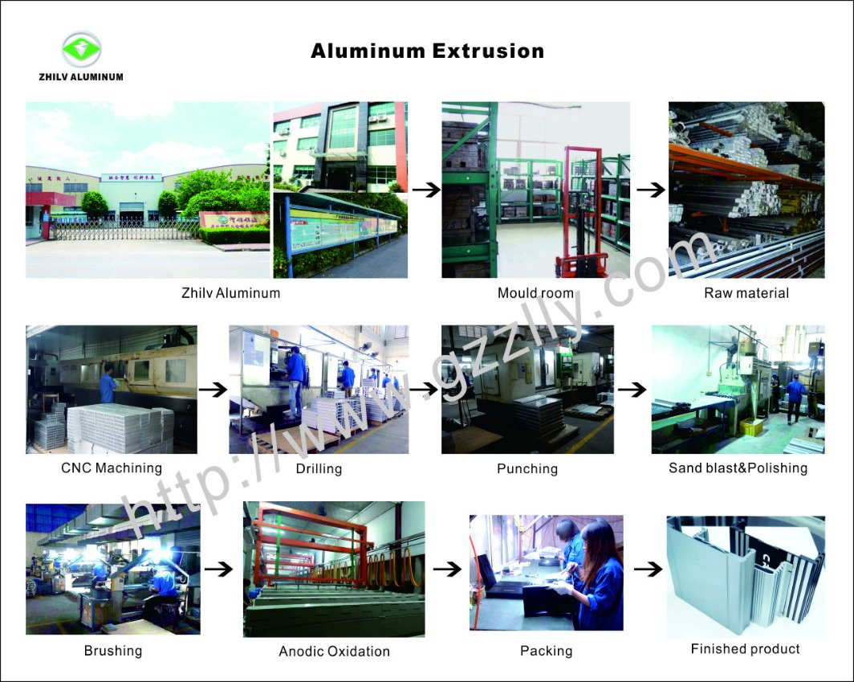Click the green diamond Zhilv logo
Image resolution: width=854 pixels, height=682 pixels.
coord(81,50)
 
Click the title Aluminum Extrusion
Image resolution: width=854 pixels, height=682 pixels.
coord(428,51)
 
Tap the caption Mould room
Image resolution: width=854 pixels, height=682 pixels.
coord(535,293)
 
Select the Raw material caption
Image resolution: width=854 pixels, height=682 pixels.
coord(746,293)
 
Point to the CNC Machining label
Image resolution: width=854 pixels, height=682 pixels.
coord(112,468)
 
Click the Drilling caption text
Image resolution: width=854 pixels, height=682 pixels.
coord(319,469)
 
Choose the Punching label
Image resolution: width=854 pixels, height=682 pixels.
coord(527,469)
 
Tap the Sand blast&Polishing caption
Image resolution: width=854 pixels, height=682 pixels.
coord(738,468)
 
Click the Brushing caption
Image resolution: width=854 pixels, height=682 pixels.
coord(112,651)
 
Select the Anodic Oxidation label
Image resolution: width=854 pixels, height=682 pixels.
coord(334,651)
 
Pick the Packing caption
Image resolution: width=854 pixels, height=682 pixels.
coord(547,651)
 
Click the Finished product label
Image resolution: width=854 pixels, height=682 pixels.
coord(745,649)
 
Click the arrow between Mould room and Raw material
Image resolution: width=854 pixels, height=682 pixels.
coord(651,190)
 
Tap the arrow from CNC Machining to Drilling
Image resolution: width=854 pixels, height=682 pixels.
coord(213,390)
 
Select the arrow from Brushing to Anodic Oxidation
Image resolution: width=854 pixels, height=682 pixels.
coord(218,569)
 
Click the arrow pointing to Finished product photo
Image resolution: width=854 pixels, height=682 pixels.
coord(649,569)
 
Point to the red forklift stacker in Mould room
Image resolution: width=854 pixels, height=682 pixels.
coord(582,213)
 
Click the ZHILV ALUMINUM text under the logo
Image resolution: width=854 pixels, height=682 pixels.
coord(81,77)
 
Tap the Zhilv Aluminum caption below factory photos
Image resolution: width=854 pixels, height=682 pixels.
coord(231,293)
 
